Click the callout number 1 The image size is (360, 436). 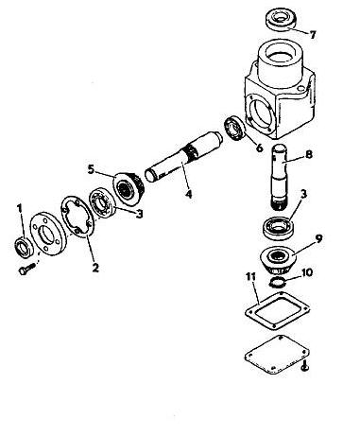pyautogui.click(x=20, y=209)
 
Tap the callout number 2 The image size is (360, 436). pyautogui.click(x=95, y=268)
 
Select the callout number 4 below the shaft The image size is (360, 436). pyautogui.click(x=188, y=194)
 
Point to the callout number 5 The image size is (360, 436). pyautogui.click(x=91, y=169)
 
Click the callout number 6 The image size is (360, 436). pyautogui.click(x=259, y=148)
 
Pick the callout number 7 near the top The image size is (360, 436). pyautogui.click(x=313, y=35)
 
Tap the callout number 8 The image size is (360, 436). pyautogui.click(x=309, y=154)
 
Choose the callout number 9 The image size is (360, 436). pyautogui.click(x=318, y=238)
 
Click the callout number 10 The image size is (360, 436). pyautogui.click(x=307, y=272)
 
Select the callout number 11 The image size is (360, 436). pyautogui.click(x=251, y=277)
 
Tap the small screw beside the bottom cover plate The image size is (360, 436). pyautogui.click(x=304, y=366)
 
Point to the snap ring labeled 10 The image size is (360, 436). pyautogui.click(x=278, y=282)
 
